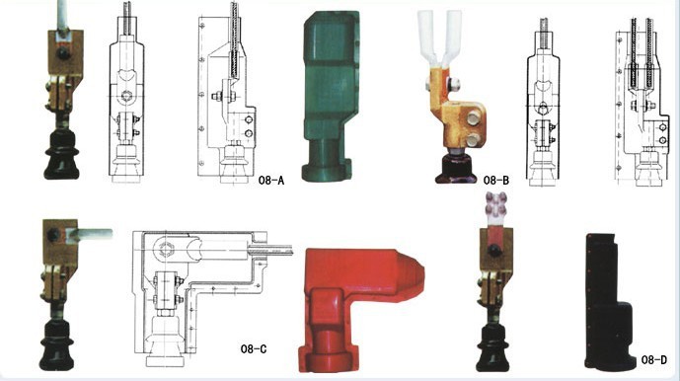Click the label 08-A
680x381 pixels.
[x=271, y=180]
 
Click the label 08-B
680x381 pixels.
[x=496, y=180]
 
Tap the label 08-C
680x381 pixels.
[x=254, y=348]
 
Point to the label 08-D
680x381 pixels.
[x=654, y=359]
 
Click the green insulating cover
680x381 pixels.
[x=330, y=97]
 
